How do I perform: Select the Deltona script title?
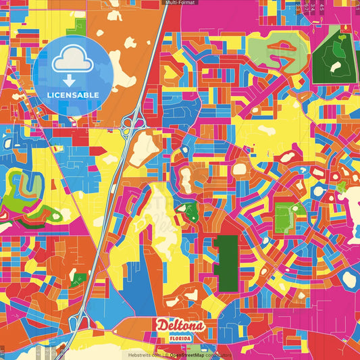click(180, 326)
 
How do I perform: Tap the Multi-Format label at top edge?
click(180, 3)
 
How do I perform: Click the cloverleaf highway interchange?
click(131, 122)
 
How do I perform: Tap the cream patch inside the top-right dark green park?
click(336, 67)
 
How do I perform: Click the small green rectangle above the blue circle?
click(80, 27)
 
